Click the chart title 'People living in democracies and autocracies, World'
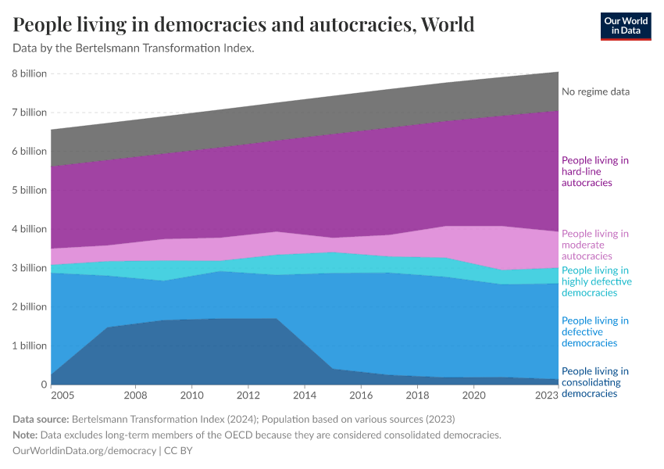pyautogui.click(x=244, y=24)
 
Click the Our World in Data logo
pyautogui.click(x=626, y=26)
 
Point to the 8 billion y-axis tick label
pyautogui.click(x=30, y=73)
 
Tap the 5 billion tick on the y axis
pyautogui.click(x=30, y=190)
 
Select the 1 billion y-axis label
pyautogui.click(x=30, y=345)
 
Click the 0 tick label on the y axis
pyautogui.click(x=43, y=385)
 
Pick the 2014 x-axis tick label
pyautogui.click(x=305, y=396)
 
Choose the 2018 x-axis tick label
pyautogui.click(x=417, y=396)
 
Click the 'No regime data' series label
pyautogui.click(x=595, y=91)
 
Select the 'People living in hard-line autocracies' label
pyautogui.click(x=595, y=171)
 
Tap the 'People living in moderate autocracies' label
pyautogui.click(x=595, y=245)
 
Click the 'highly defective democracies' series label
pyautogui.click(x=597, y=281)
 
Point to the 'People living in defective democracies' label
pyautogui.click(x=595, y=331)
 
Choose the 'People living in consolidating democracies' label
pyautogui.click(x=595, y=382)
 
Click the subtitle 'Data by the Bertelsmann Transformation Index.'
pyautogui.click(x=134, y=48)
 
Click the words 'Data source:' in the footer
pyautogui.click(x=41, y=419)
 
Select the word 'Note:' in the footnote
pyautogui.click(x=27, y=435)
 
